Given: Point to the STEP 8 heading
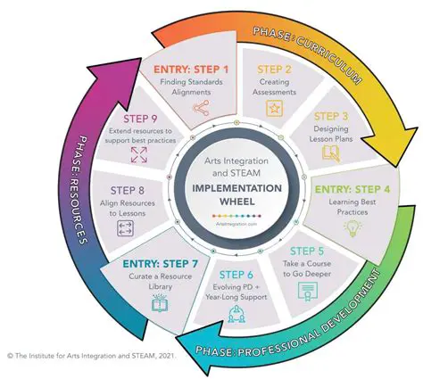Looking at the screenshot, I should point(128,189).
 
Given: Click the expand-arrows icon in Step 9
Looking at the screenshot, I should point(139,154).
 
